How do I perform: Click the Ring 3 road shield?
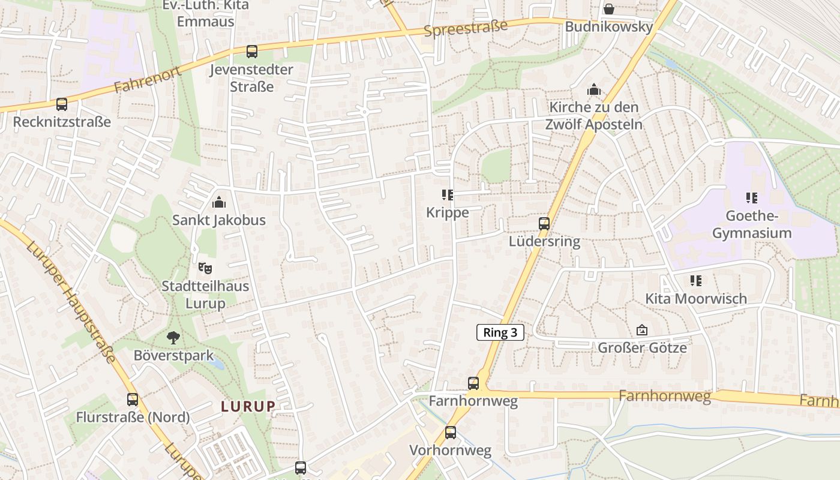tap(500, 333)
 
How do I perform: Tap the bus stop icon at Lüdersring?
tap(544, 224)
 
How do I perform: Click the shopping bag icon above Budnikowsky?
tap(608, 9)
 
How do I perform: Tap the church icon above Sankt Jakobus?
tap(219, 202)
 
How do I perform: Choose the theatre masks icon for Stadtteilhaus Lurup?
tap(205, 268)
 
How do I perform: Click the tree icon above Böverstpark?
tap(173, 338)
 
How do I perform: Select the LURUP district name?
tap(248, 406)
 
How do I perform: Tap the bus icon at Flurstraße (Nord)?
tap(133, 399)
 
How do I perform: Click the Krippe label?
tap(448, 212)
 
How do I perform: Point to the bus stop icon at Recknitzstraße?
tap(62, 104)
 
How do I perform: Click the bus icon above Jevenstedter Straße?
tap(252, 52)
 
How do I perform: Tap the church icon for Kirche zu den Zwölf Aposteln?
tap(594, 90)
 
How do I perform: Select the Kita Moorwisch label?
tap(696, 298)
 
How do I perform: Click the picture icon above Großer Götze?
tap(642, 330)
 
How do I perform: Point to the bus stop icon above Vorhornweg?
tap(451, 432)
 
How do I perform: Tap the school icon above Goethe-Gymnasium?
tap(751, 197)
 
